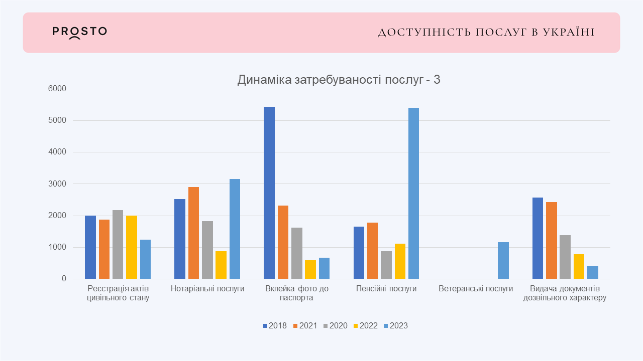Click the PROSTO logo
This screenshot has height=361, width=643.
79,32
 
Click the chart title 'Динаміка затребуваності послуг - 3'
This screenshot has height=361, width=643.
339,80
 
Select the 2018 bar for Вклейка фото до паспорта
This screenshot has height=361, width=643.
269,193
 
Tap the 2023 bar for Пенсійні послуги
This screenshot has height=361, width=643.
413,194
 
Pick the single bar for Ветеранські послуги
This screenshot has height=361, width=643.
503,261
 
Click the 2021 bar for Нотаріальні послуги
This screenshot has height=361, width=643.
193,233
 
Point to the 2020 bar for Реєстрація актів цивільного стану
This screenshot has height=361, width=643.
118,245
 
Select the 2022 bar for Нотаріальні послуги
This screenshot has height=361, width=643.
221,265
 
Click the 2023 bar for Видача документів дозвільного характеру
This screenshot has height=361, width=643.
593,273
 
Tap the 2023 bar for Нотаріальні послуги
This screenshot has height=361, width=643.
235,229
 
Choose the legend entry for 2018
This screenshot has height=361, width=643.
274,326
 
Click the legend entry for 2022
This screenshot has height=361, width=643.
365,326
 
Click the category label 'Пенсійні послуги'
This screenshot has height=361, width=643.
386,289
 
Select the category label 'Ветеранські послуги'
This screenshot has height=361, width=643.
476,289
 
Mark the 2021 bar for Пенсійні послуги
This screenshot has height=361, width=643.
373,251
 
